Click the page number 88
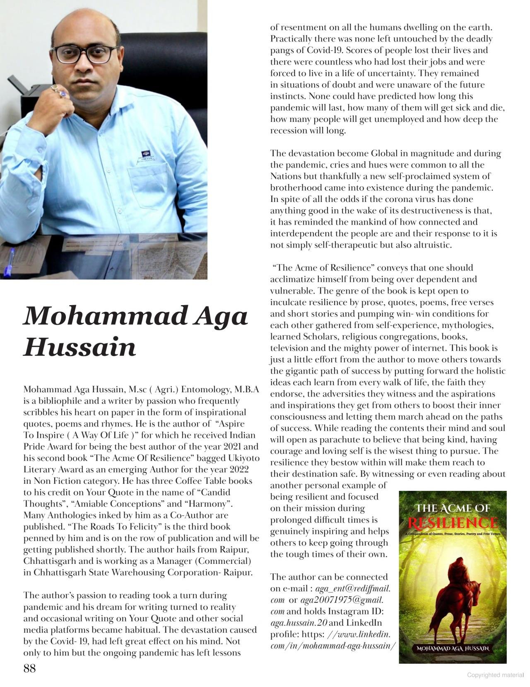pyautogui.click(x=29, y=668)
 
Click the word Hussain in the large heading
pyautogui.click(x=79, y=347)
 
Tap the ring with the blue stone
pyautogui.click(x=63, y=94)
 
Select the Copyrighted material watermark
pyautogui.click(x=495, y=675)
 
